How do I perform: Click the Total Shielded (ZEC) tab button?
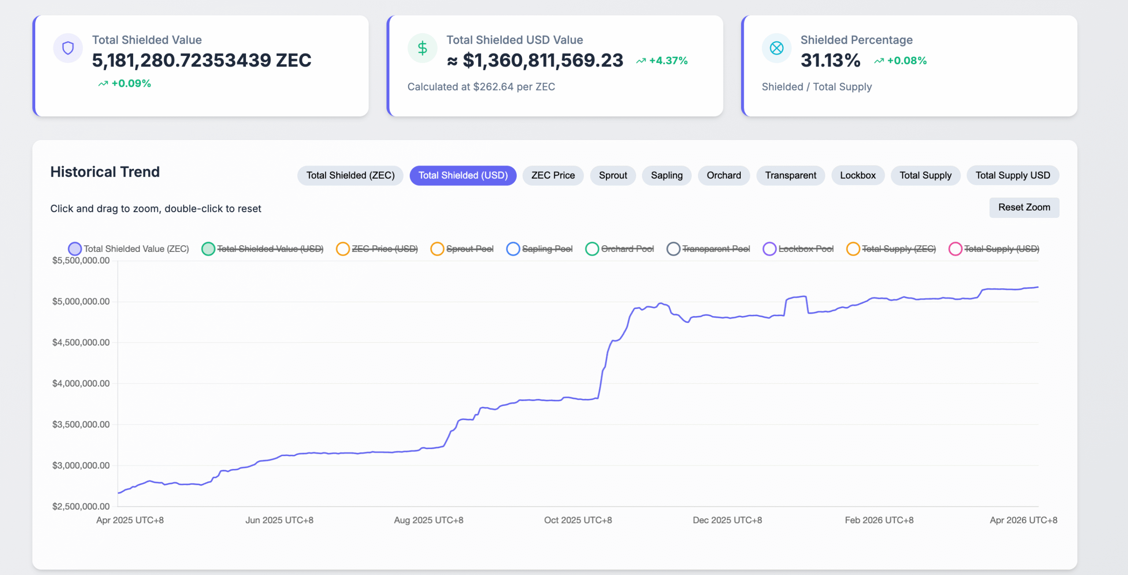pyautogui.click(x=350, y=175)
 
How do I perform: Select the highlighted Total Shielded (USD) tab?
pyautogui.click(x=463, y=175)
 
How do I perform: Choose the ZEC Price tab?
pyautogui.click(x=553, y=175)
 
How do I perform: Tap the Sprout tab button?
pyautogui.click(x=612, y=175)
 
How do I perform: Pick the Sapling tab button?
pyautogui.click(x=666, y=175)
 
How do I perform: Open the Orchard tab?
pyautogui.click(x=724, y=175)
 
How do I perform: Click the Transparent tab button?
pyautogui.click(x=790, y=175)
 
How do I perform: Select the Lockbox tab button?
pyautogui.click(x=857, y=175)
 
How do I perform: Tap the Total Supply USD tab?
pyautogui.click(x=1013, y=175)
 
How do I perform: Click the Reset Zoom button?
pyautogui.click(x=1024, y=207)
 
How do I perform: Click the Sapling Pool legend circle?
pyautogui.click(x=513, y=249)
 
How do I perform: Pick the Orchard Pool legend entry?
pyautogui.click(x=620, y=249)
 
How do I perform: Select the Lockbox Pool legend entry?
pyautogui.click(x=798, y=249)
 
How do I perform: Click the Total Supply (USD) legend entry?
pyautogui.click(x=994, y=249)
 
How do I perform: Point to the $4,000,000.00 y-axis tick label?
pyautogui.click(x=81, y=383)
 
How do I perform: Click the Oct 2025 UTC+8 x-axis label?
pyautogui.click(x=578, y=520)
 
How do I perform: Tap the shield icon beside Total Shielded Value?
pyautogui.click(x=68, y=48)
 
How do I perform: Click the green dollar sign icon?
pyautogui.click(x=422, y=48)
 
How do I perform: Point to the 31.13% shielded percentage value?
pyautogui.click(x=830, y=60)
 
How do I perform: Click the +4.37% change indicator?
pyautogui.click(x=662, y=61)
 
